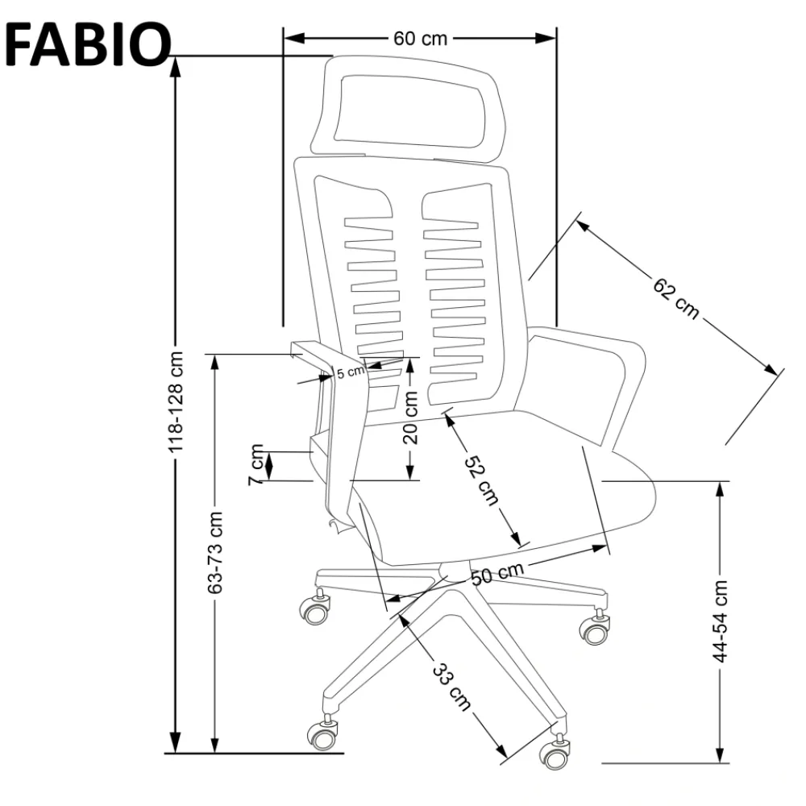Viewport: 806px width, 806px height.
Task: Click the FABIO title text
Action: point(86,44)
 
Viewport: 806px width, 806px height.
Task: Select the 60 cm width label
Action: point(420,38)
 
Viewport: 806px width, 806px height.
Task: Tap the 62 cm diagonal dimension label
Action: point(675,298)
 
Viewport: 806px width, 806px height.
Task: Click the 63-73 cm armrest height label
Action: point(215,553)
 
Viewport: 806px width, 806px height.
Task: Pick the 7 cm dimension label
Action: point(257,464)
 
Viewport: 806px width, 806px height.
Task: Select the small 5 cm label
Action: point(351,372)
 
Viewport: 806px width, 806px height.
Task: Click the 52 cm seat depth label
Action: point(481,481)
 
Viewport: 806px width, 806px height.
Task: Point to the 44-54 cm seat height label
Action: point(721,621)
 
